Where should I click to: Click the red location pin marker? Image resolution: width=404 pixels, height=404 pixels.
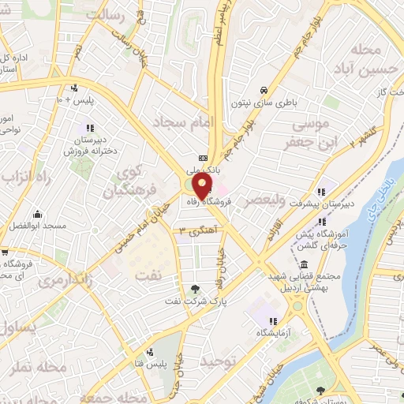202,186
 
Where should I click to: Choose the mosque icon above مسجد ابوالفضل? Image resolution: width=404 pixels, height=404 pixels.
37,214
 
